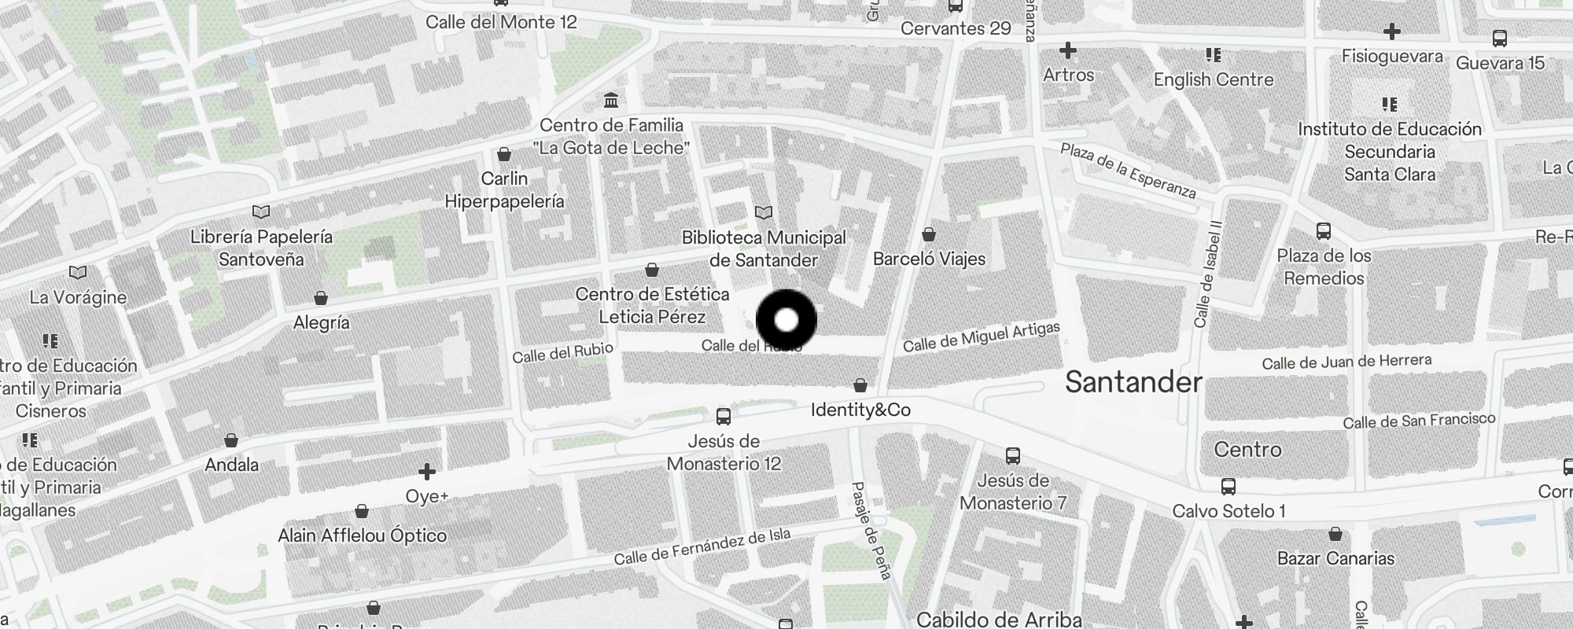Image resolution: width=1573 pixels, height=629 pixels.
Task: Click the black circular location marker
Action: point(786,320)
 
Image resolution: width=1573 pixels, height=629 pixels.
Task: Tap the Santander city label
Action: point(1133,382)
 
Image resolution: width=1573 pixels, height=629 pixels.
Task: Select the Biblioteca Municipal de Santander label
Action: point(764,248)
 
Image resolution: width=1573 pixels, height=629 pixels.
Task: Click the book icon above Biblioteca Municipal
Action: point(763,212)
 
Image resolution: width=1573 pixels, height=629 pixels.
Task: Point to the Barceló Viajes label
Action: point(929,259)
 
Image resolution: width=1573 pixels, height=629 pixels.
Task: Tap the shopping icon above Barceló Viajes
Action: point(929,234)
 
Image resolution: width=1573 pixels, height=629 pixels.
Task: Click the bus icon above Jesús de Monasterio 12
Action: point(723,417)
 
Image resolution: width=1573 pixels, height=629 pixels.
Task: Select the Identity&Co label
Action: point(860,410)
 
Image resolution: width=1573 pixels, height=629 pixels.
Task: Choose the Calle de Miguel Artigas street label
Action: point(981,337)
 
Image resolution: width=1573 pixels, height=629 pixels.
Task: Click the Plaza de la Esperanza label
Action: point(1128,171)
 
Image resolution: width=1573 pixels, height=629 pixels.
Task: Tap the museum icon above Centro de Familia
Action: point(611,101)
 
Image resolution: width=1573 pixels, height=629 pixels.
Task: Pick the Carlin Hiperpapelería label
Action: point(504,190)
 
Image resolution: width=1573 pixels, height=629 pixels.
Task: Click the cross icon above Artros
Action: point(1067,51)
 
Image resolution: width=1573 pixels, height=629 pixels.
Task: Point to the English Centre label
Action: point(1213,79)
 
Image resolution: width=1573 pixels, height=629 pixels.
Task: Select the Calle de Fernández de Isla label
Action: point(702,547)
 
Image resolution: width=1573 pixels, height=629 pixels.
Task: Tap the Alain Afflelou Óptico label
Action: point(362,535)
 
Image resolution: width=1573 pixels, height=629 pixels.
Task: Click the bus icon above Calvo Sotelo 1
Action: point(1228,487)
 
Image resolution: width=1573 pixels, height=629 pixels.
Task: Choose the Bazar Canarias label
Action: point(1335,558)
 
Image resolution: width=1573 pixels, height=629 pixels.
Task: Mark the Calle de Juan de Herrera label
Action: point(1346,362)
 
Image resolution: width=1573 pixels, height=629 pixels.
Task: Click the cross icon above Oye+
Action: point(427,472)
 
